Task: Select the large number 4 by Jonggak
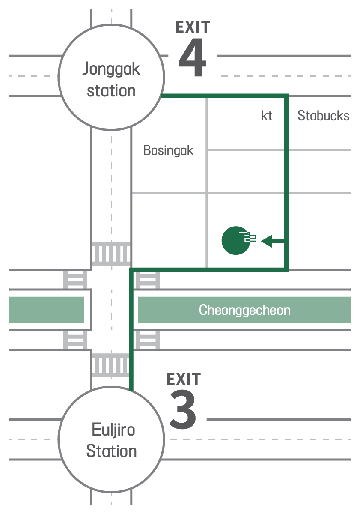click(193, 57)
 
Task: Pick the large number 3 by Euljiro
click(183, 409)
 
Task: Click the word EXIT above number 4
click(193, 27)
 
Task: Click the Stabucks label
click(323, 115)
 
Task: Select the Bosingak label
click(168, 150)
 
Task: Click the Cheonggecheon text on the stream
click(244, 310)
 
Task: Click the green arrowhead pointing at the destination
click(267, 241)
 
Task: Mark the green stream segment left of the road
click(46, 310)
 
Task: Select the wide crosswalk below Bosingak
click(111, 254)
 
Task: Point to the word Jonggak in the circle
click(111, 69)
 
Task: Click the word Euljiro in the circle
click(113, 430)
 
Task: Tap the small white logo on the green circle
click(248, 237)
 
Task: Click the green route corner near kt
click(286, 96)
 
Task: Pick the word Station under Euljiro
click(111, 451)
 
